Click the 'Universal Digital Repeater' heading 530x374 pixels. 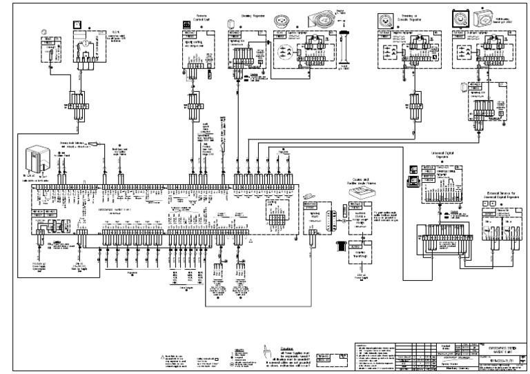436,158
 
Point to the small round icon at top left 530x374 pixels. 45,31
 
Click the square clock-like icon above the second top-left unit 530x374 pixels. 79,24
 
